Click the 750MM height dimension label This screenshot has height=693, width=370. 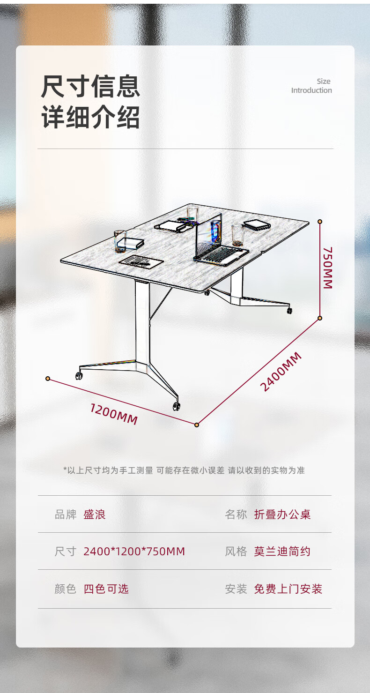coord(327,268)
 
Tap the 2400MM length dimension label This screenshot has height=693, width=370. coord(281,372)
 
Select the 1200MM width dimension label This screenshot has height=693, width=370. coord(114,414)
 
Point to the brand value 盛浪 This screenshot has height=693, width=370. coord(95,514)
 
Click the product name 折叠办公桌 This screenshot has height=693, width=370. coord(282,514)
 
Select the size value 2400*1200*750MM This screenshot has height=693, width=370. coord(134,551)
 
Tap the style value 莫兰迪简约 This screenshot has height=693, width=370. coord(282,551)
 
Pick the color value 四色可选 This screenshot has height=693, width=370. coord(106,589)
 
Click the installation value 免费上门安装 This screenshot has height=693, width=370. coord(288,589)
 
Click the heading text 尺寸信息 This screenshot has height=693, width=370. coord(90,86)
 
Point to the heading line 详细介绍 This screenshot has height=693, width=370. coord(90,117)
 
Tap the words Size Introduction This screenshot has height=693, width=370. coord(312,86)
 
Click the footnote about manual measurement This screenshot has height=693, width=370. coord(184,470)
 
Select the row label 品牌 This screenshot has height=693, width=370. coord(66,514)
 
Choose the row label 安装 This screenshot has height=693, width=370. coord(236,589)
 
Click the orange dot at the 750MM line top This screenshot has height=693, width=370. coord(320,222)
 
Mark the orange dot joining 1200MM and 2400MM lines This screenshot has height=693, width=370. coord(197,425)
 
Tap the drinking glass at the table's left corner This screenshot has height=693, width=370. coord(119,240)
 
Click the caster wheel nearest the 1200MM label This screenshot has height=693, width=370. coord(176,406)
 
